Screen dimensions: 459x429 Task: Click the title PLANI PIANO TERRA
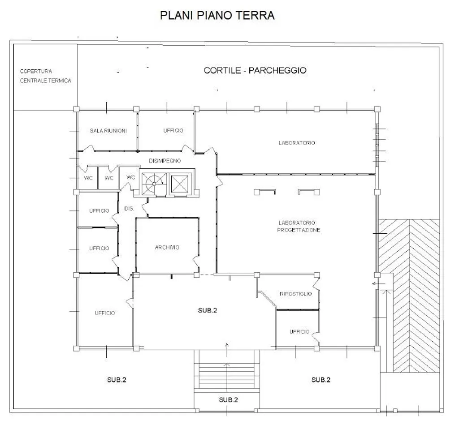coord(217,15)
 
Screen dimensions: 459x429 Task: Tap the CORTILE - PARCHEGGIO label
coord(255,70)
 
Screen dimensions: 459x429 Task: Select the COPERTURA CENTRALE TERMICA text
coord(45,76)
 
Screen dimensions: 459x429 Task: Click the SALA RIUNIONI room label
coord(108,131)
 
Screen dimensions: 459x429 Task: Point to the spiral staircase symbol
coord(154,184)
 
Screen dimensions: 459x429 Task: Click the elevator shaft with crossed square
coord(179,184)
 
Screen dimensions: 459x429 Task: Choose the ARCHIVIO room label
coord(167,247)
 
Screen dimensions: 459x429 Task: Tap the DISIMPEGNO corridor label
coord(165,161)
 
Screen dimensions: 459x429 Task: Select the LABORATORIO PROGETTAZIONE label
coord(299,226)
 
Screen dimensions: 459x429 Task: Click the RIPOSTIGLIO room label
coord(296,294)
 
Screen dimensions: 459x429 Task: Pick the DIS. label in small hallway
coord(129,209)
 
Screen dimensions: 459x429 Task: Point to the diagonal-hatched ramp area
coord(409,296)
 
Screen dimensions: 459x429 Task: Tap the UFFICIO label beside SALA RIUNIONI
coord(173,130)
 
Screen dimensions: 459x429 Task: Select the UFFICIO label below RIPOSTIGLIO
coord(299,332)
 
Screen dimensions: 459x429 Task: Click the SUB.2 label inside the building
coord(208,310)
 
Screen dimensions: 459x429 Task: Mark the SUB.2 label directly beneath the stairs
coord(228,399)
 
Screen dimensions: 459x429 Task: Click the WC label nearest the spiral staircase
coord(130,177)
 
